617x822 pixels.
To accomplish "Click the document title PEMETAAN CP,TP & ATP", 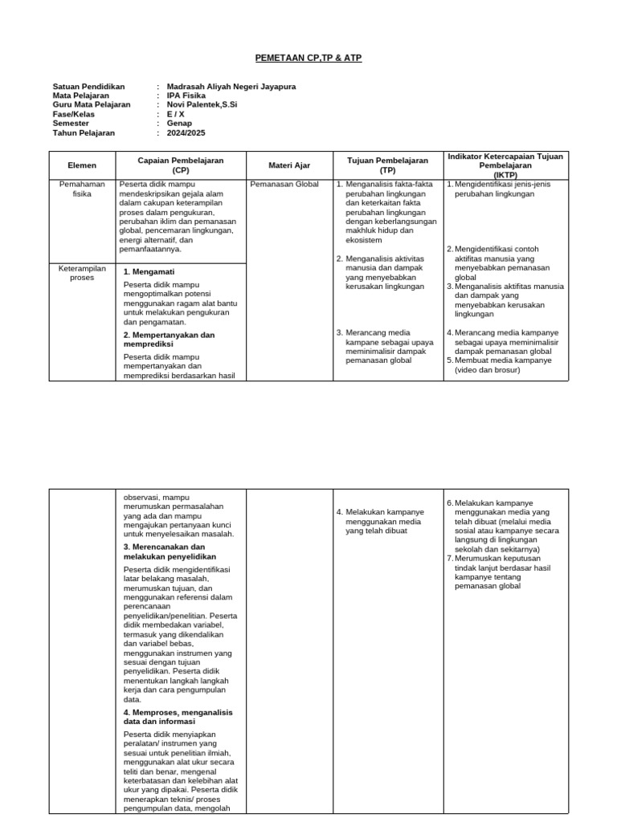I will click(308, 59).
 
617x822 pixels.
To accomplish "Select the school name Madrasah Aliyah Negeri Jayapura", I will click(231, 86).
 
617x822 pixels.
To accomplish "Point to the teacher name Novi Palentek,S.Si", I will click(202, 104).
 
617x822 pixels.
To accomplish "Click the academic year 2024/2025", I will click(186, 133).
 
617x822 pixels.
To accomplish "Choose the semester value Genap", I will click(179, 124).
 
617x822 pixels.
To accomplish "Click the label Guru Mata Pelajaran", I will click(92, 104).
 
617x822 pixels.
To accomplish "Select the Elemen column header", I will click(82, 165).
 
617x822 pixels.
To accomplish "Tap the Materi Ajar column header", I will click(288, 165).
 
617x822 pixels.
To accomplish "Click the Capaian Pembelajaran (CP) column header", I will click(180, 165).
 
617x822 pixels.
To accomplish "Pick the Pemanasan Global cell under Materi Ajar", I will click(284, 185).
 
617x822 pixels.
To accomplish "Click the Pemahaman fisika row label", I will click(82, 189).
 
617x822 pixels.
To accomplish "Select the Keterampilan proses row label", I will click(82, 273).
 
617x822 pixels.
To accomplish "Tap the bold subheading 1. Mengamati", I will click(149, 271).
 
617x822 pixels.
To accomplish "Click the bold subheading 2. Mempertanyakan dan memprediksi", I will click(169, 339).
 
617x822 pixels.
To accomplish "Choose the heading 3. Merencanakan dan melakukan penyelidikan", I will click(170, 551).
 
